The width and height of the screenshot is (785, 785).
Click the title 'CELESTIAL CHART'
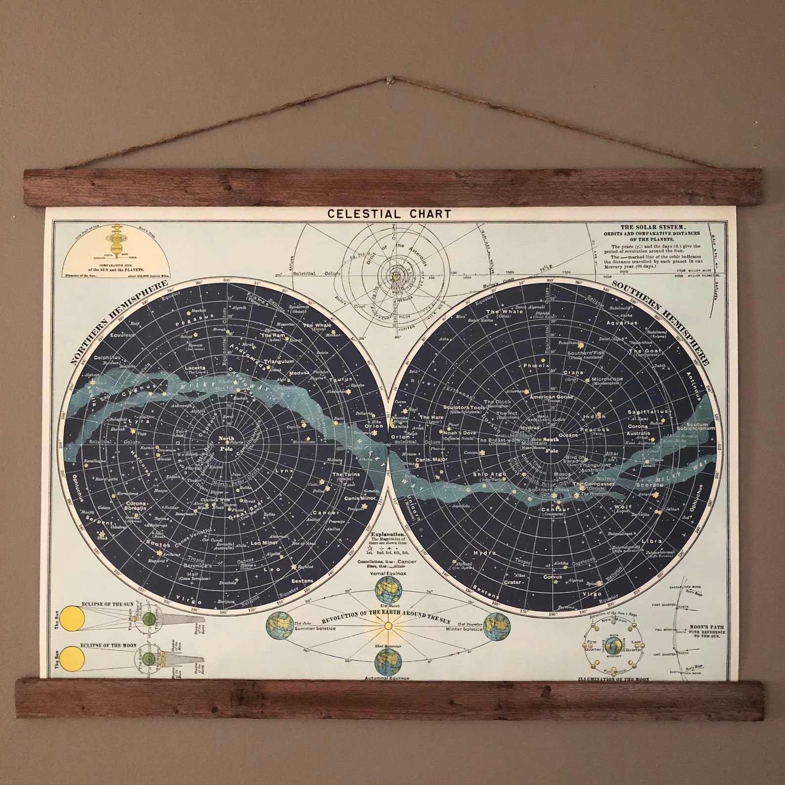point(389,214)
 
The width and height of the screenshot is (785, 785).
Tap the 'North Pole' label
point(226,441)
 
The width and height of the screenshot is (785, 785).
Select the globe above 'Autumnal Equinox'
point(388,661)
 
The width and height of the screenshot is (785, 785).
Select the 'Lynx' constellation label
point(285,470)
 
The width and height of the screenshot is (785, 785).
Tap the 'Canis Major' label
point(431,460)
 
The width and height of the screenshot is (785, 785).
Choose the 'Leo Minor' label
point(264,543)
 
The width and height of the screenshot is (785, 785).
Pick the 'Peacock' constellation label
point(595,430)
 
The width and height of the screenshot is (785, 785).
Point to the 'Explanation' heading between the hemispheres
point(388,534)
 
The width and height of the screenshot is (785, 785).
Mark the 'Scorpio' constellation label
point(651,485)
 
